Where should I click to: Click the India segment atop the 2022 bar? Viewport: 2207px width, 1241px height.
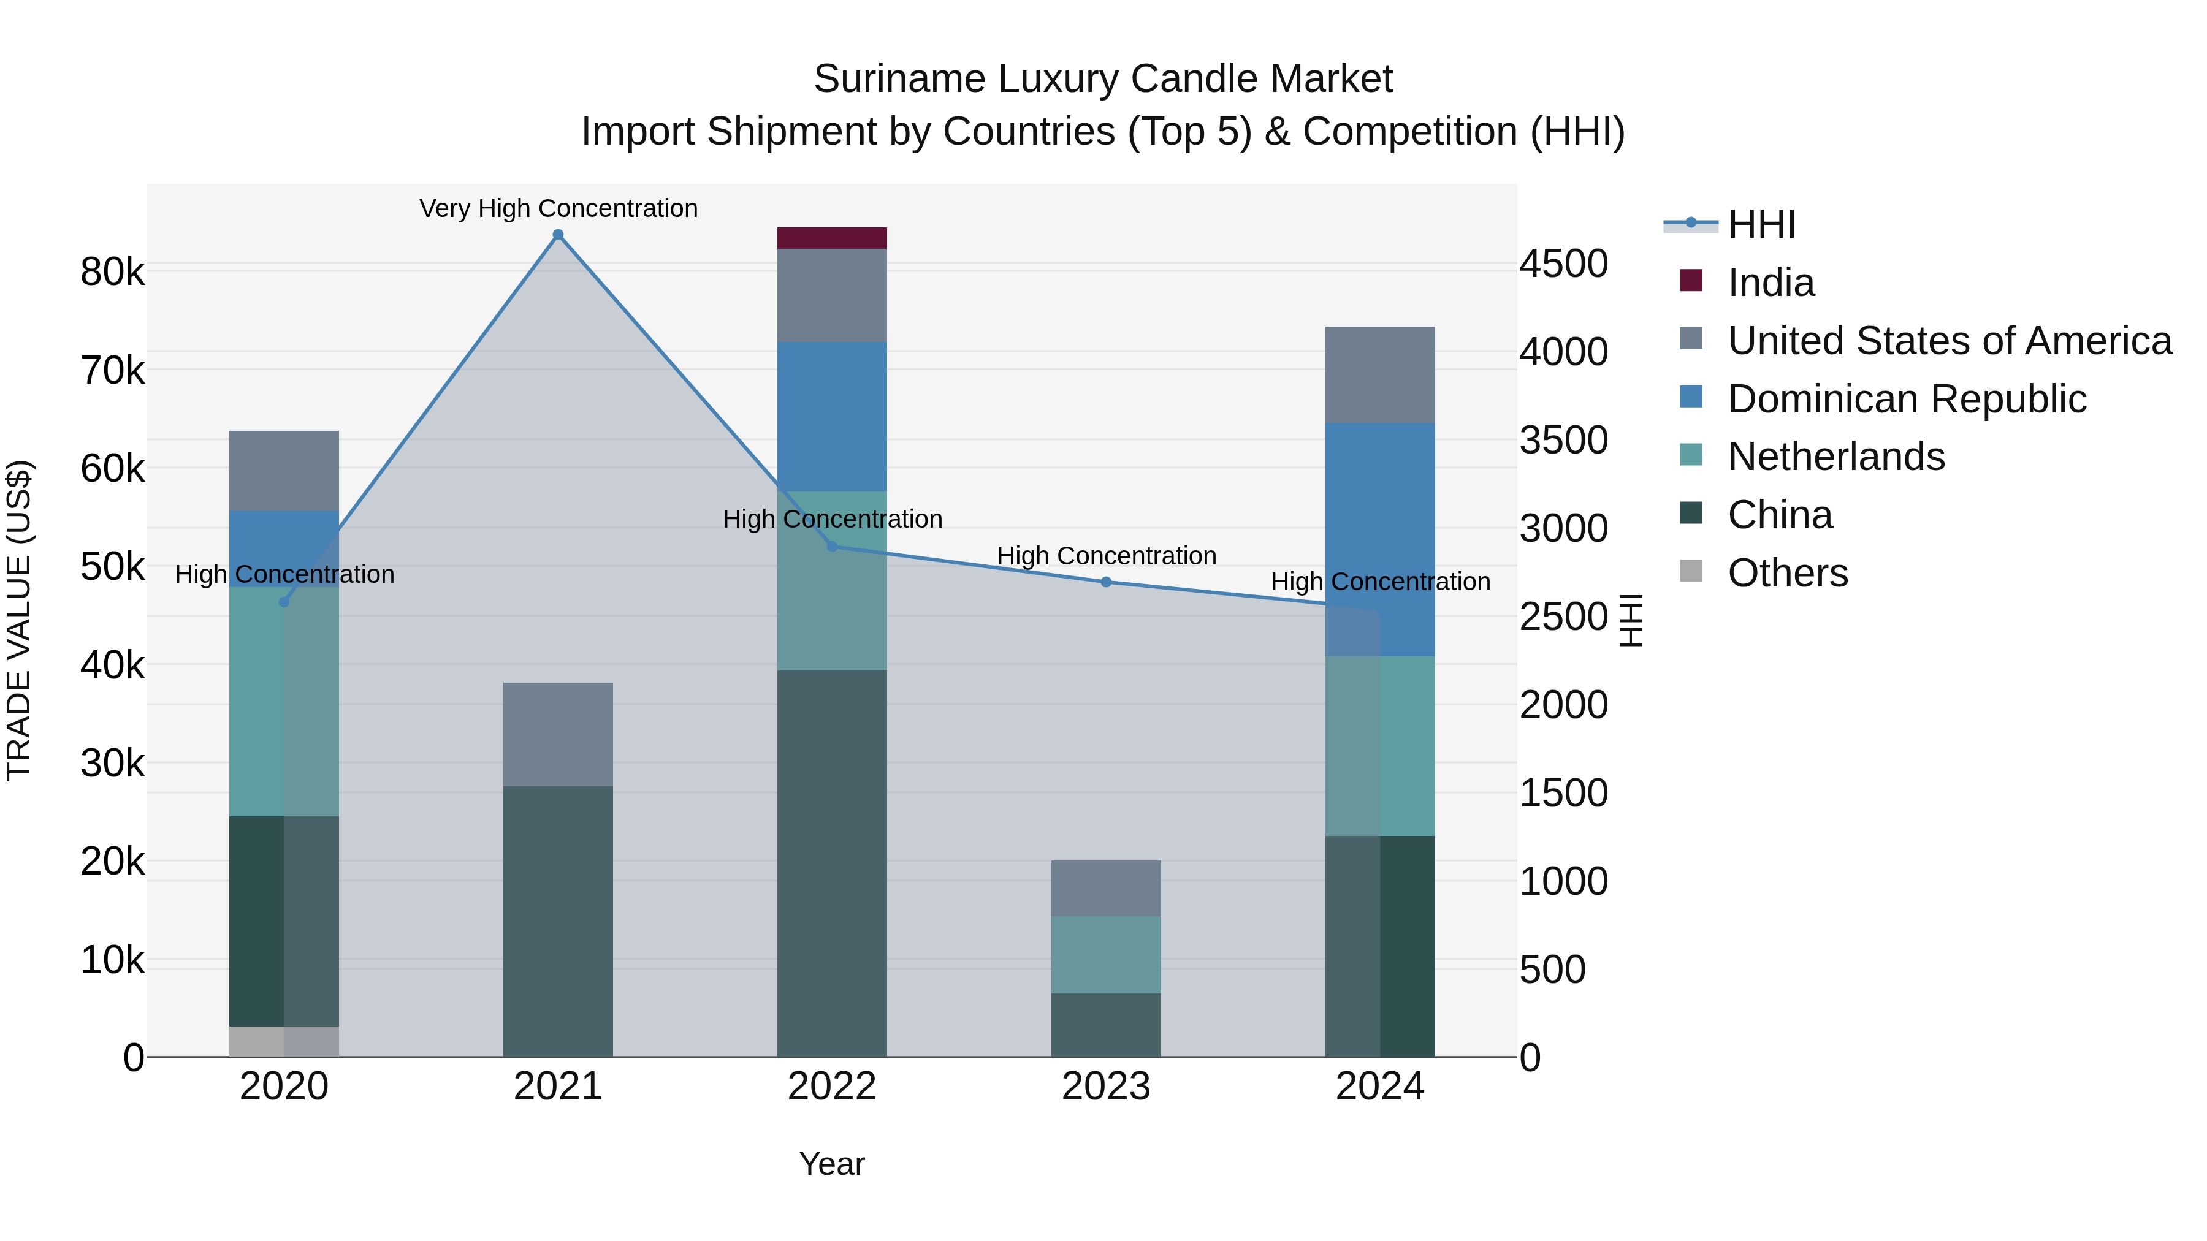831,238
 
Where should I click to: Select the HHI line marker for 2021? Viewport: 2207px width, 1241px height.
558,235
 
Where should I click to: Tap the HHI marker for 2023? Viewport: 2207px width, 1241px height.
1105,582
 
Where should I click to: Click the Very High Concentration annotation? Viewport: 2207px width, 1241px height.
558,208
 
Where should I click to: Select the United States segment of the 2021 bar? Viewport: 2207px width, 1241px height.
558,734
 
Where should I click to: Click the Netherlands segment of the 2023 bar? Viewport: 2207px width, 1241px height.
1105,954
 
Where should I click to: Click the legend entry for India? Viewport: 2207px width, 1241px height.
1770,283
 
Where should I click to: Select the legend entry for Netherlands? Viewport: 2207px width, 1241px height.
1835,457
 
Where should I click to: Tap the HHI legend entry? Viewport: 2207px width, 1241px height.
1761,224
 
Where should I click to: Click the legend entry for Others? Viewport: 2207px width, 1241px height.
1787,573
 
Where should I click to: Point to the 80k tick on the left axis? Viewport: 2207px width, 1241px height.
112,272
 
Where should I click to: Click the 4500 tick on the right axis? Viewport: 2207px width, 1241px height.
1563,264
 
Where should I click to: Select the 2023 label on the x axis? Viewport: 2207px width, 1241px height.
1105,1086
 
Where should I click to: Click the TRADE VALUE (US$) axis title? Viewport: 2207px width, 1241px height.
19,620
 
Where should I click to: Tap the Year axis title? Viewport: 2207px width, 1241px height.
831,1164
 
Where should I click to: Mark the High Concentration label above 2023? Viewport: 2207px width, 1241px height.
1105,556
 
